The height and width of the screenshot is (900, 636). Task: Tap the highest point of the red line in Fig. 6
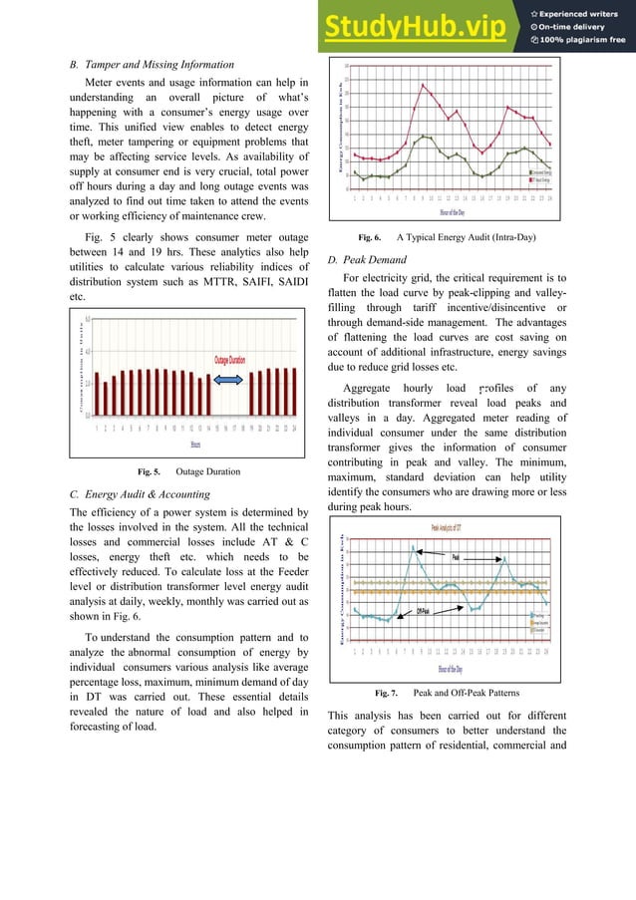tap(425, 85)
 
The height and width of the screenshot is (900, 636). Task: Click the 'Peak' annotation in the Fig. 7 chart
tap(455, 557)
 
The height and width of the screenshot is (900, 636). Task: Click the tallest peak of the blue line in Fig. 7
tap(413, 546)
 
